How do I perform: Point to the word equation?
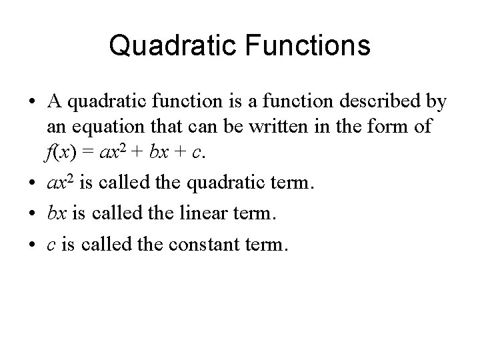point(107,127)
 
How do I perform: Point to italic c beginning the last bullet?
point(51,245)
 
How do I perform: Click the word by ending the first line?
point(436,103)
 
